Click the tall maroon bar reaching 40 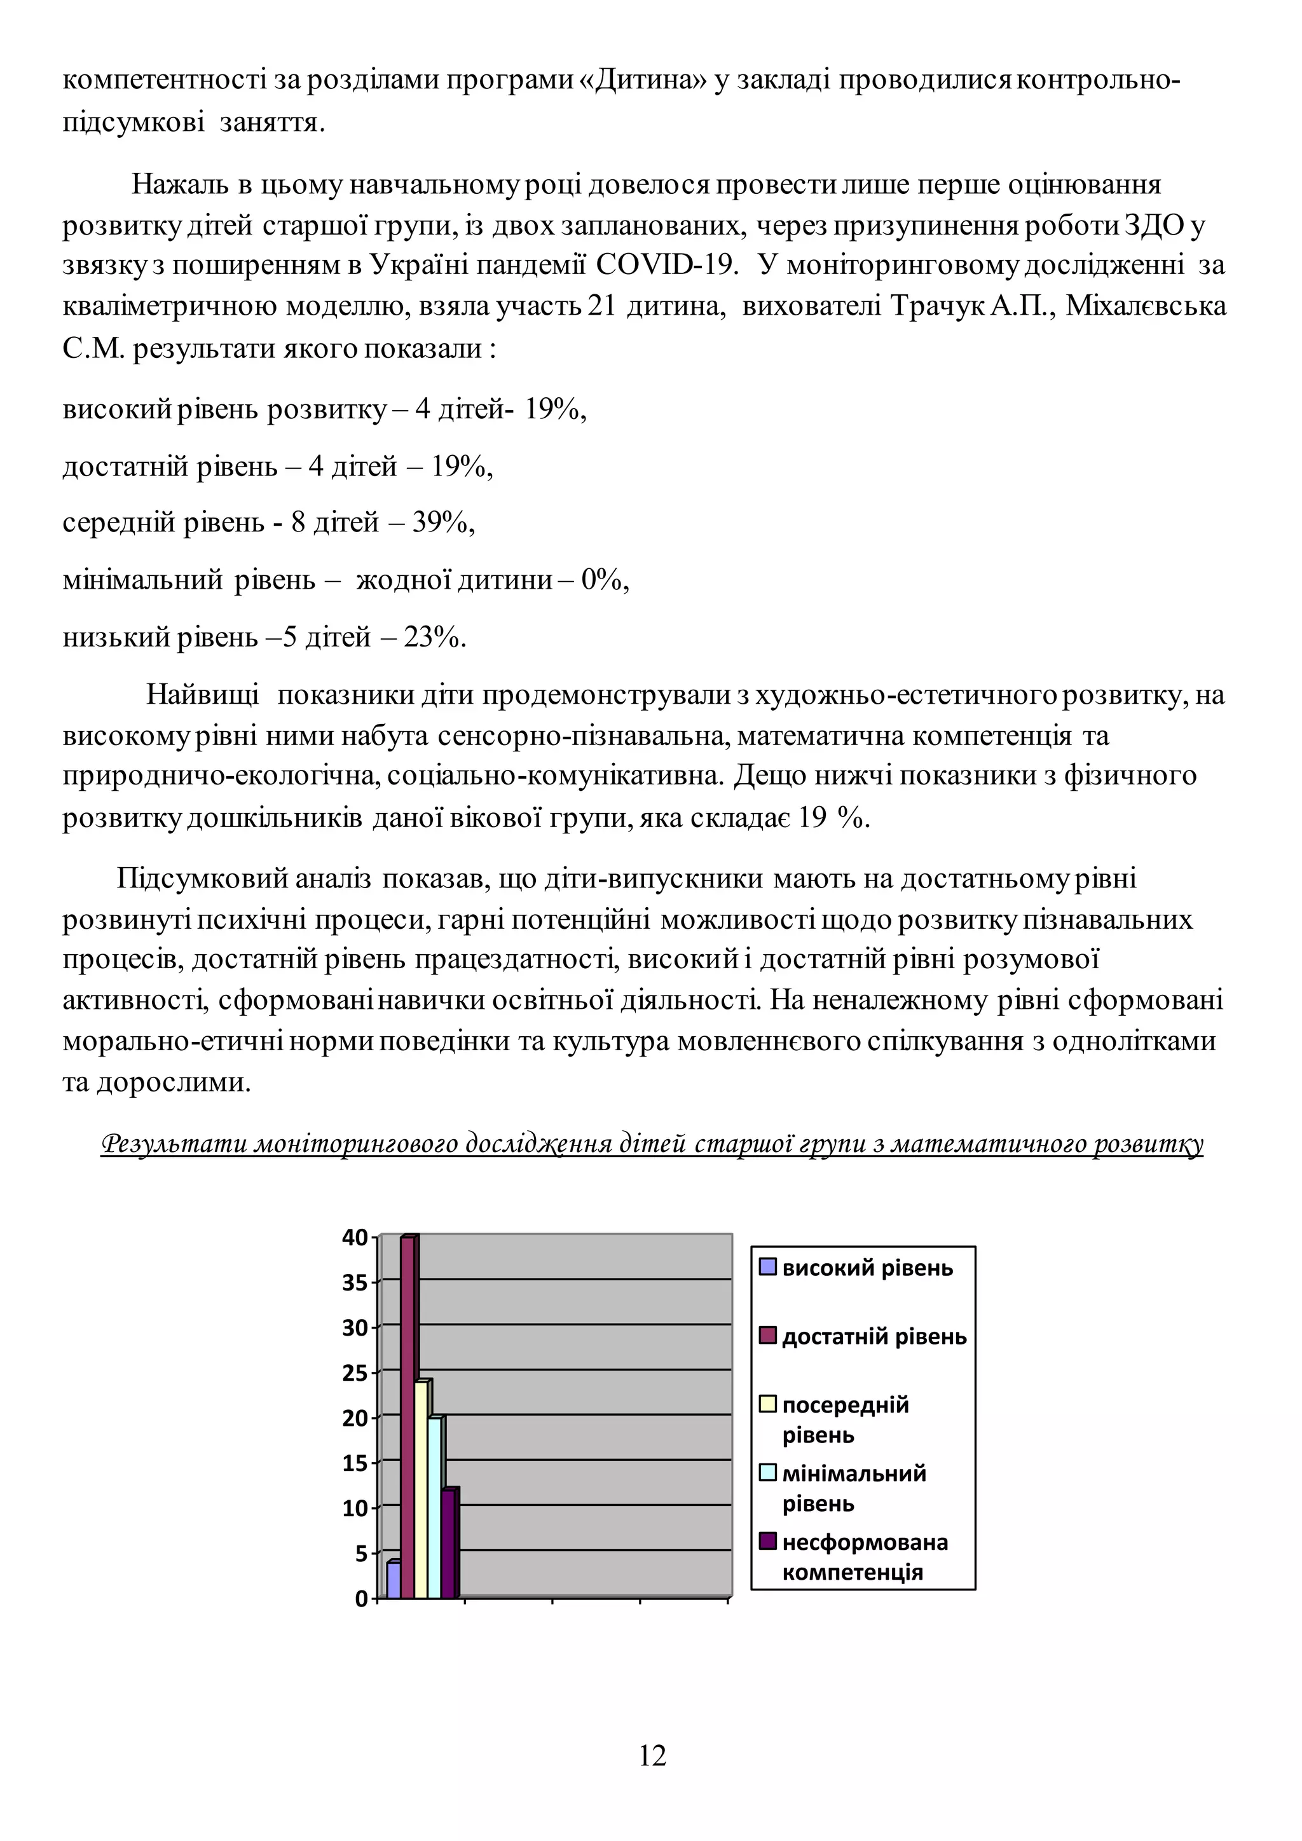(408, 1420)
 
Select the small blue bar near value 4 (394, 1580)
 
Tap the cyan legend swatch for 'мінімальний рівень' (768, 1473)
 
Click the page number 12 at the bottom (652, 1756)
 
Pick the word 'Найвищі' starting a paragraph (202, 694)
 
